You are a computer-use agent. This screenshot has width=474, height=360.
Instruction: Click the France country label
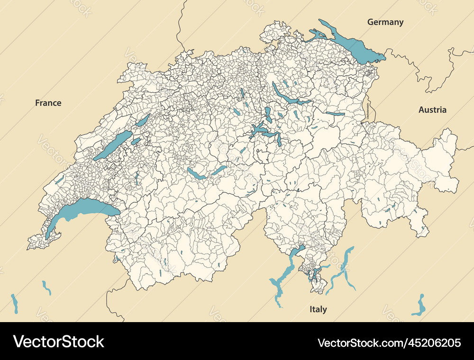48,103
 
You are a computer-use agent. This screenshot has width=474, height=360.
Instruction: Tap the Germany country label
385,22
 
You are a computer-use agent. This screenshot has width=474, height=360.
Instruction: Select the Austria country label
432,109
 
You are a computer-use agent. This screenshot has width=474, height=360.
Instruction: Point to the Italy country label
318,309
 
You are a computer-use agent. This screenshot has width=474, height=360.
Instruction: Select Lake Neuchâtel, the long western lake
113,145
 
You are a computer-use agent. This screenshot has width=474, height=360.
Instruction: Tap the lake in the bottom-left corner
15,303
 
